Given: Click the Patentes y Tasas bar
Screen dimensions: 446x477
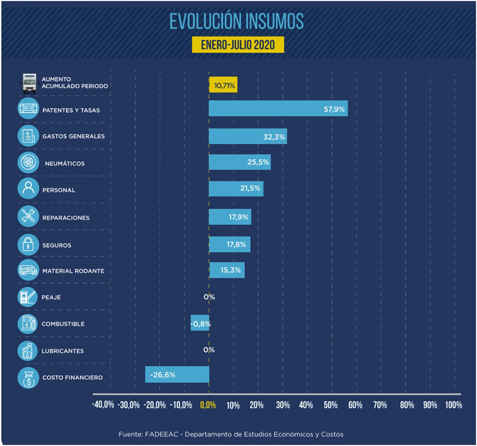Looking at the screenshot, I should (x=278, y=109).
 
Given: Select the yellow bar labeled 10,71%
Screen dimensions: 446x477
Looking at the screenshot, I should (x=223, y=85).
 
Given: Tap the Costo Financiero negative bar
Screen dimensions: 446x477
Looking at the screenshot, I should (x=177, y=374).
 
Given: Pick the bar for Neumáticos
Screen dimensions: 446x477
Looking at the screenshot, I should (x=240, y=162).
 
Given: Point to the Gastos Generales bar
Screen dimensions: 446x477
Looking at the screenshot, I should (x=247, y=136).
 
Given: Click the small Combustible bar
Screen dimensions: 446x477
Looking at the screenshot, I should (x=200, y=323).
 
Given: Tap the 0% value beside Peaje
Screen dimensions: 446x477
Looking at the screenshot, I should (x=209, y=297).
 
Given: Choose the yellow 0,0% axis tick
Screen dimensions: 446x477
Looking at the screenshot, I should (x=208, y=405).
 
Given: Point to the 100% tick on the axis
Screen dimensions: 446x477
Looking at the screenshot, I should (x=453, y=405).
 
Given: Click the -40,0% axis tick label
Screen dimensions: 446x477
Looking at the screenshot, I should (x=103, y=405).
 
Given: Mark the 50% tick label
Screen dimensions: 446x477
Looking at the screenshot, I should (x=330, y=405).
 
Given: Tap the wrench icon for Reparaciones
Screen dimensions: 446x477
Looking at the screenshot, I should (x=28, y=217).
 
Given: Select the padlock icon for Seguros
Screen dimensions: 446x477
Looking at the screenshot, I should (x=28, y=244).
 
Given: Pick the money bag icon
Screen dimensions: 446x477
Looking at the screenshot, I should (x=28, y=377).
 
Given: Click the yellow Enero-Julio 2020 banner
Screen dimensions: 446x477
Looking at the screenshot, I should (x=238, y=45).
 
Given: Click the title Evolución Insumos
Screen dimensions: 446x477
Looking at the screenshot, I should (x=237, y=21).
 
